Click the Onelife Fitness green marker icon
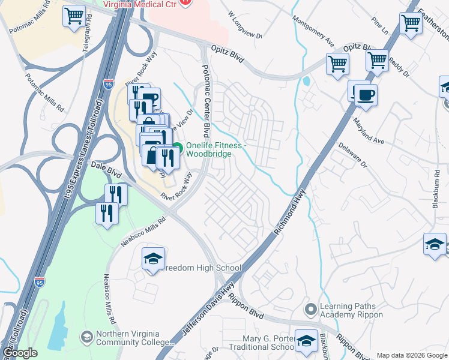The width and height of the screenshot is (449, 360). pyautogui.click(x=178, y=148)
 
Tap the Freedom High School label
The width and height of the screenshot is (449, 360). pyautogui.click(x=200, y=268)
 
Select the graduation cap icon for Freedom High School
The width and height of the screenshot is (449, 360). pyautogui.click(x=153, y=259)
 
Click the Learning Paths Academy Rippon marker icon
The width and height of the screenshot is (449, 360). pyautogui.click(x=310, y=310)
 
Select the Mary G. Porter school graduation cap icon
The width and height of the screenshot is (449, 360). pyautogui.click(x=306, y=340)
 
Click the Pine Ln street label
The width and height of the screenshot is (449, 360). pyautogui.click(x=379, y=23)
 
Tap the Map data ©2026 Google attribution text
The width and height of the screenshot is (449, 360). pyautogui.click(x=411, y=355)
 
